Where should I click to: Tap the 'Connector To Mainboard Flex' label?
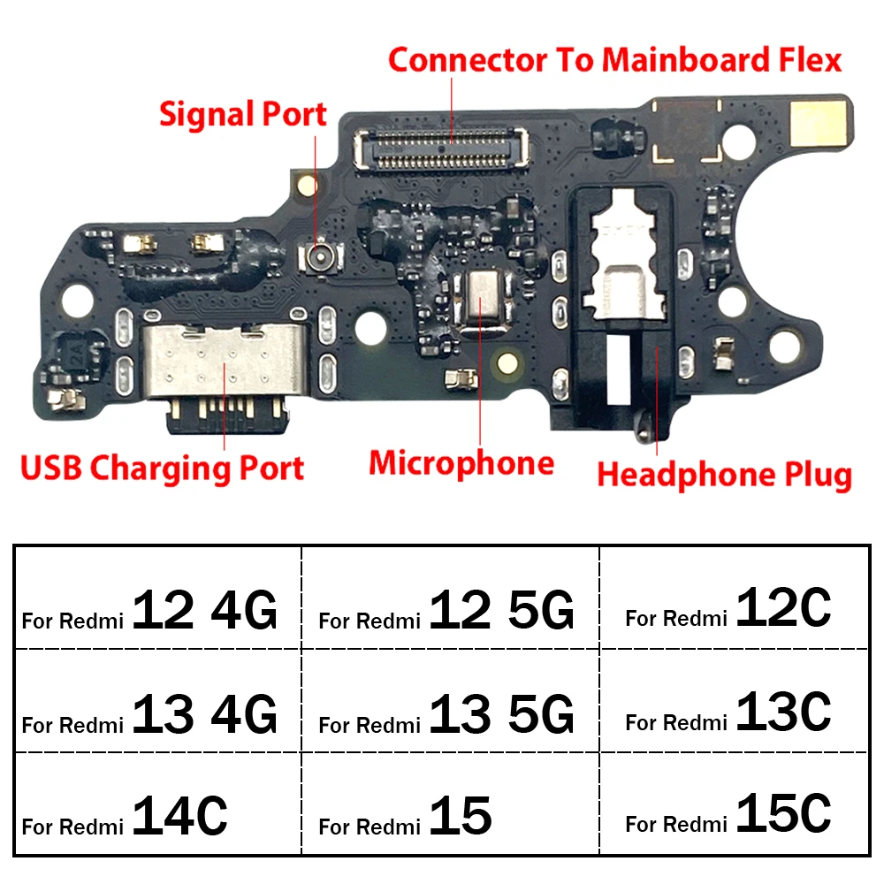click(x=615, y=60)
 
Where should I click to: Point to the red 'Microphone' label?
click(x=461, y=465)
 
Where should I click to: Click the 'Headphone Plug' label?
click(x=725, y=476)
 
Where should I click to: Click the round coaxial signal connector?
click(x=320, y=257)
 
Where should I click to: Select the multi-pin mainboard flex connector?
click(x=441, y=149)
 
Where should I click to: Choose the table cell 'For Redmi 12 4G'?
click(x=158, y=598)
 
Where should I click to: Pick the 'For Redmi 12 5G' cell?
click(x=451, y=598)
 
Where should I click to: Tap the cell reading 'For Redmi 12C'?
click(x=734, y=598)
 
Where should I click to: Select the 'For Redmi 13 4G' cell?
click(x=158, y=701)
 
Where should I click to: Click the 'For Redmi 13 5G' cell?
click(x=451, y=701)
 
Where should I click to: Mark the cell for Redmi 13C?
click(x=734, y=701)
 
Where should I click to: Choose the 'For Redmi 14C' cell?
click(x=158, y=804)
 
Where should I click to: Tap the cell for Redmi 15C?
click(x=734, y=804)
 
